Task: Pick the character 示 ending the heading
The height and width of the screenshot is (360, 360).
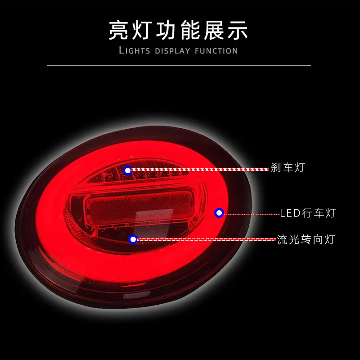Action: (239, 31)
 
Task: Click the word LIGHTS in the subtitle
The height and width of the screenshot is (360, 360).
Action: (135, 50)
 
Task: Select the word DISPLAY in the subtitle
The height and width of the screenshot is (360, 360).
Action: (173, 50)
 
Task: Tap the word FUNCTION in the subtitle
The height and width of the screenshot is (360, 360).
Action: (216, 50)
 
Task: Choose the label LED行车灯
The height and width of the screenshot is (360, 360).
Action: (308, 213)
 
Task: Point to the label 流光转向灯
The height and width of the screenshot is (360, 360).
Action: (306, 239)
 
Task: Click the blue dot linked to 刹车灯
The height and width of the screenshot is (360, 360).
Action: (128, 170)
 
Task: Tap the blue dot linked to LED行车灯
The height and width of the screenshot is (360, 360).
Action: (219, 213)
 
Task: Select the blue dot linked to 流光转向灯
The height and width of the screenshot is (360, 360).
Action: (133, 239)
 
